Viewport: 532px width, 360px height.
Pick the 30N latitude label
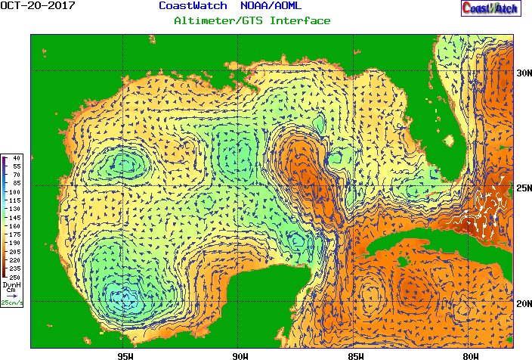[x=523, y=73]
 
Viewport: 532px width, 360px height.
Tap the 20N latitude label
[x=523, y=303]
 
